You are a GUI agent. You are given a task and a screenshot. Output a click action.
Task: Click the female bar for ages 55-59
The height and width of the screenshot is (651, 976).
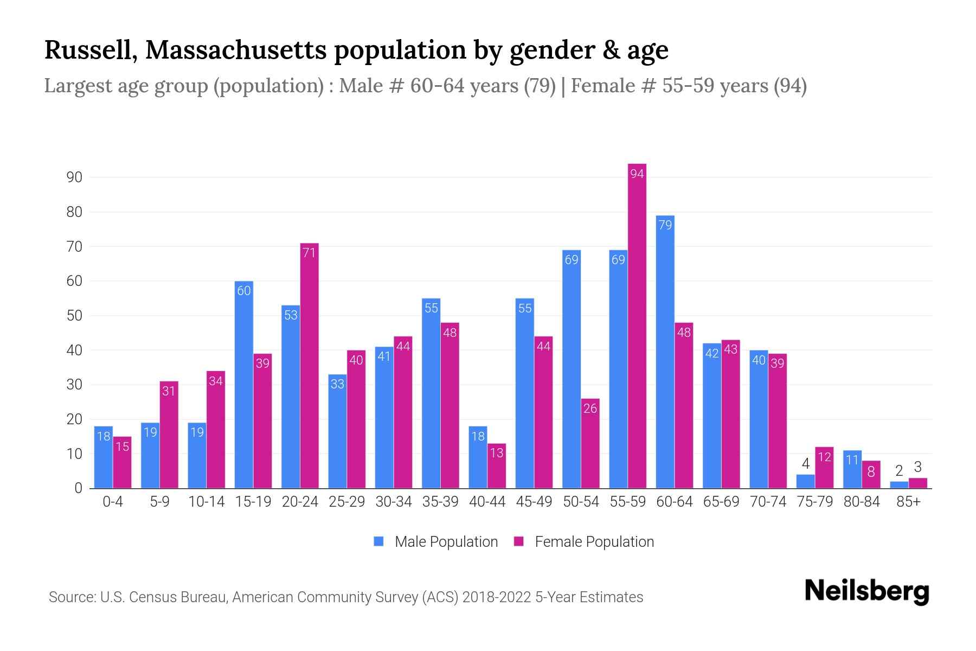tap(637, 325)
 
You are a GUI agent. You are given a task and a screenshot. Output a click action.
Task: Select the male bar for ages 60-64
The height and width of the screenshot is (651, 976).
tap(665, 353)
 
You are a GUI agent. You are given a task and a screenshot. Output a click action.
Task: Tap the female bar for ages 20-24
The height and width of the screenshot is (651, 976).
tap(309, 366)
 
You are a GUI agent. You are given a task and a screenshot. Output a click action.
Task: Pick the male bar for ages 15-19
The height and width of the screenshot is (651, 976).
tap(243, 385)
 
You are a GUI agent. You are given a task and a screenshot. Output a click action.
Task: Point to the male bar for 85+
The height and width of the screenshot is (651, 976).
tap(898, 485)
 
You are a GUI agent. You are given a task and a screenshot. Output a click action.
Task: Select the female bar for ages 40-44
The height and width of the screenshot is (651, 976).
tap(496, 467)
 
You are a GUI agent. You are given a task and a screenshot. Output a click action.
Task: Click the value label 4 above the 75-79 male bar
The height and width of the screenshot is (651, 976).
tap(805, 464)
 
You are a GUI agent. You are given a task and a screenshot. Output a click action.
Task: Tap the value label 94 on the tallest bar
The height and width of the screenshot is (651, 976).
tap(637, 174)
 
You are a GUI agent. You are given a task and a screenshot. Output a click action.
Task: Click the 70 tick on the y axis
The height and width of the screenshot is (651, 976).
tap(74, 247)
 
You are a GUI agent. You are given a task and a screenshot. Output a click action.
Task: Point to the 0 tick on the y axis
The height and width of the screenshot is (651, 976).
tap(78, 488)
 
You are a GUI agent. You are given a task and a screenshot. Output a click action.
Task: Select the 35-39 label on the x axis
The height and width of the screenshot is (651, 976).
tap(440, 502)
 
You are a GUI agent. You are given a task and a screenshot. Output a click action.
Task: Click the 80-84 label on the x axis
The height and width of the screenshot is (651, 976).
tap(861, 502)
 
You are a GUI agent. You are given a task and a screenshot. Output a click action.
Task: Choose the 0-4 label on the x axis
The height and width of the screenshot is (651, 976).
tap(113, 502)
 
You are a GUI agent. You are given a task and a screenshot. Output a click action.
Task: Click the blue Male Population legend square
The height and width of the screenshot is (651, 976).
tap(378, 541)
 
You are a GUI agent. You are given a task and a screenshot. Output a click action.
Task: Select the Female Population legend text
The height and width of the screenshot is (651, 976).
tap(594, 541)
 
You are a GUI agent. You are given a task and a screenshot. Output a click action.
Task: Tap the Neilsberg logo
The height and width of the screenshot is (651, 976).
tap(866, 591)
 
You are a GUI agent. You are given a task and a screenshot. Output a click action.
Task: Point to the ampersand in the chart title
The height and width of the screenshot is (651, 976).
tap(611, 50)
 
